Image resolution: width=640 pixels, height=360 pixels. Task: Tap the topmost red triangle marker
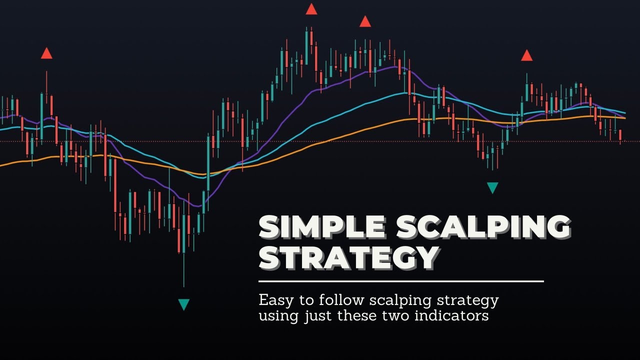[x=311, y=9]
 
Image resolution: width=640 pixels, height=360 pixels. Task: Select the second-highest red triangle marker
[x=365, y=21]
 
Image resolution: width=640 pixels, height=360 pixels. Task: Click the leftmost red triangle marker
[x=46, y=53]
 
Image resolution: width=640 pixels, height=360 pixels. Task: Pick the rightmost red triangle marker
[x=526, y=55]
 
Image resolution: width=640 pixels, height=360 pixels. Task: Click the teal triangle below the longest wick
[x=184, y=304]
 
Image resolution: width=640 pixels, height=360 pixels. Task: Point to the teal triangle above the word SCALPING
[x=492, y=187]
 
